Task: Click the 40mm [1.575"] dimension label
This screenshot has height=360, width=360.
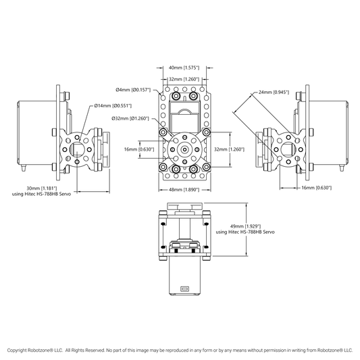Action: tap(184, 68)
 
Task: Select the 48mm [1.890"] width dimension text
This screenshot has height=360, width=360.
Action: tap(184, 190)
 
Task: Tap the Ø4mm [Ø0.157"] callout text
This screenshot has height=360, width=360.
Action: tap(133, 90)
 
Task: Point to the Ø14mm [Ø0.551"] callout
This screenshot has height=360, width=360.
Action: tap(113, 106)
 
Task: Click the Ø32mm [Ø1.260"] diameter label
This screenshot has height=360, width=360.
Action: tap(130, 119)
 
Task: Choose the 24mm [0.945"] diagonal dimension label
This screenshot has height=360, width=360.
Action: tap(274, 93)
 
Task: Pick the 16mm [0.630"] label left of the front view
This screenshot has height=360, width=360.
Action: tap(139, 149)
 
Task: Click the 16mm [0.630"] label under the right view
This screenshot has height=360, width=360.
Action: tap(316, 188)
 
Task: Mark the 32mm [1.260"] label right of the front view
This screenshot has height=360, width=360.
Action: tap(229, 149)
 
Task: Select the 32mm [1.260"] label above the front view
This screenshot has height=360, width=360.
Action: tap(184, 79)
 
